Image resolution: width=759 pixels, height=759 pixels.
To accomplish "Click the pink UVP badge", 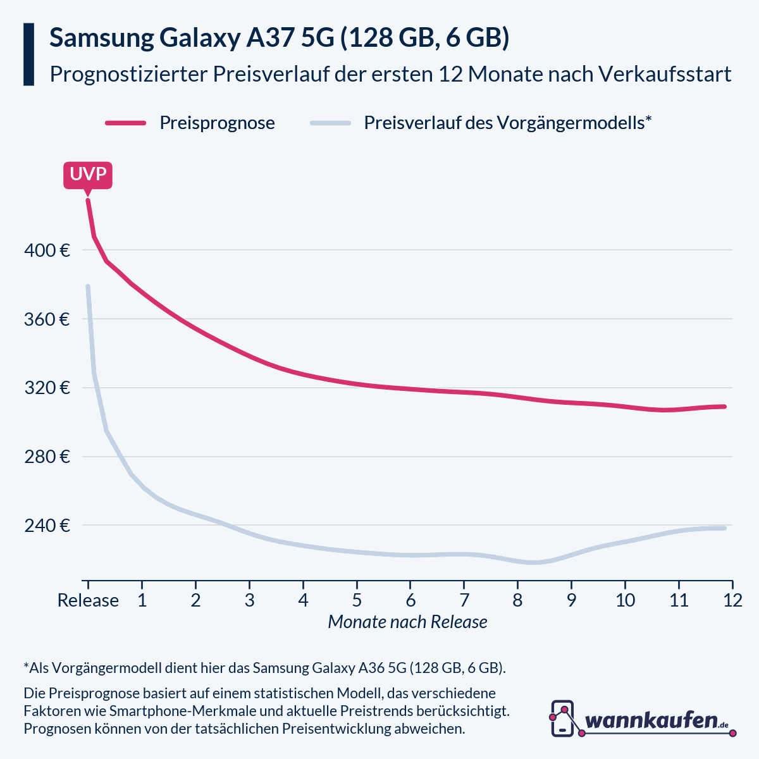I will click(88, 175).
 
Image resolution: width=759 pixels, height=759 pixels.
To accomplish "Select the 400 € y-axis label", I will click(47, 250).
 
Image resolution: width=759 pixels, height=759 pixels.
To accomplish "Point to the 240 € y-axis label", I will click(47, 526).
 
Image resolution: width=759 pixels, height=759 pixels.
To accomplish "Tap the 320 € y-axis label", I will click(47, 388).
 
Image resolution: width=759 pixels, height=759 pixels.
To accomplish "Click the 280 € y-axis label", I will click(47, 457).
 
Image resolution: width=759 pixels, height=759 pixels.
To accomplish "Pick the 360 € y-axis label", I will click(47, 319).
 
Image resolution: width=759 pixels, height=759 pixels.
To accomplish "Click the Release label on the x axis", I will click(88, 600).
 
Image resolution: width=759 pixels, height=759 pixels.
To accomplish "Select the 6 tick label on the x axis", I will click(410, 600).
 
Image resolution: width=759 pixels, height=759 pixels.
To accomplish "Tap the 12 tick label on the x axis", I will click(732, 600).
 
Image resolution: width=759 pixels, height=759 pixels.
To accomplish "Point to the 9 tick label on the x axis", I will click(571, 600).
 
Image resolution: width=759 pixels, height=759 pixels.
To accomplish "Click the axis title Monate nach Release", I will click(407, 622).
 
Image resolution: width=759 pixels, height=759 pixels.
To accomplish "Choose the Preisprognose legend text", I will click(217, 123).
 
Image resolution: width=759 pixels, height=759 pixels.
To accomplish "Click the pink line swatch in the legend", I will click(126, 123).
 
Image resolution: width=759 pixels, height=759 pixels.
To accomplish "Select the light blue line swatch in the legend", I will click(330, 123).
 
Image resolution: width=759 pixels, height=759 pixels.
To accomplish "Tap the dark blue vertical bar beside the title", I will click(28, 54).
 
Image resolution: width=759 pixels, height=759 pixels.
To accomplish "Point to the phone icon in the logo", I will click(562, 718).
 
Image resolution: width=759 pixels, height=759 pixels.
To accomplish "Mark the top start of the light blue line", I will click(88, 287).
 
